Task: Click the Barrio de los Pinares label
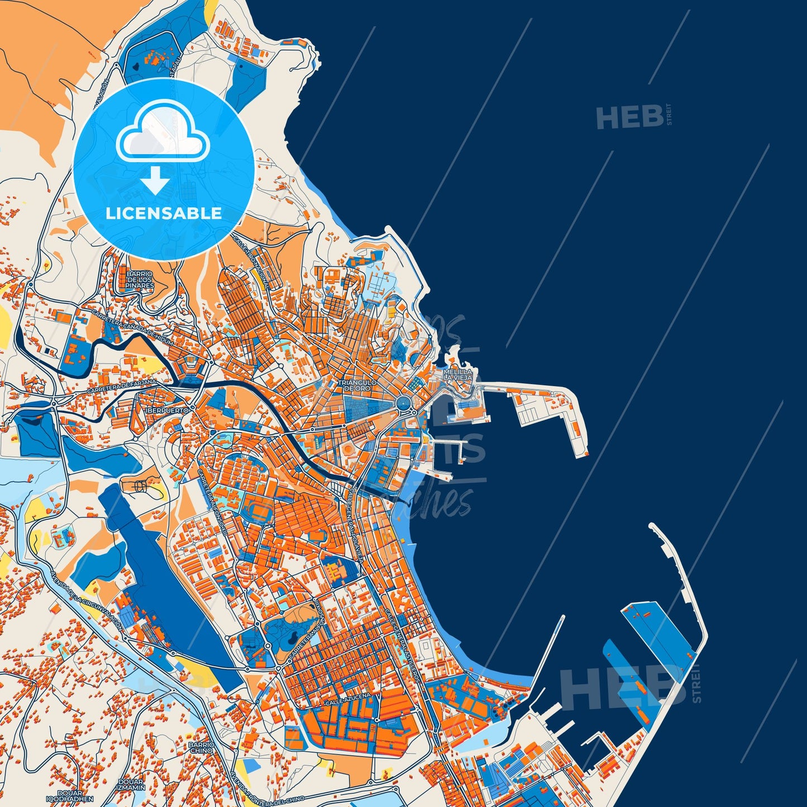(140, 280)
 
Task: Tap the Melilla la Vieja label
(457, 374)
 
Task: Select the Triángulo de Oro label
(357, 385)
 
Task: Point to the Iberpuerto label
(163, 410)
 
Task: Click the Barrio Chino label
(201, 747)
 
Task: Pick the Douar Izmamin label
(131, 784)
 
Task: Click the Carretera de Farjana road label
(122, 385)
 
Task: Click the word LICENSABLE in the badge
(164, 213)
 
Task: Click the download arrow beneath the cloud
(155, 180)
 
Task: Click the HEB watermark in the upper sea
(629, 117)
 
